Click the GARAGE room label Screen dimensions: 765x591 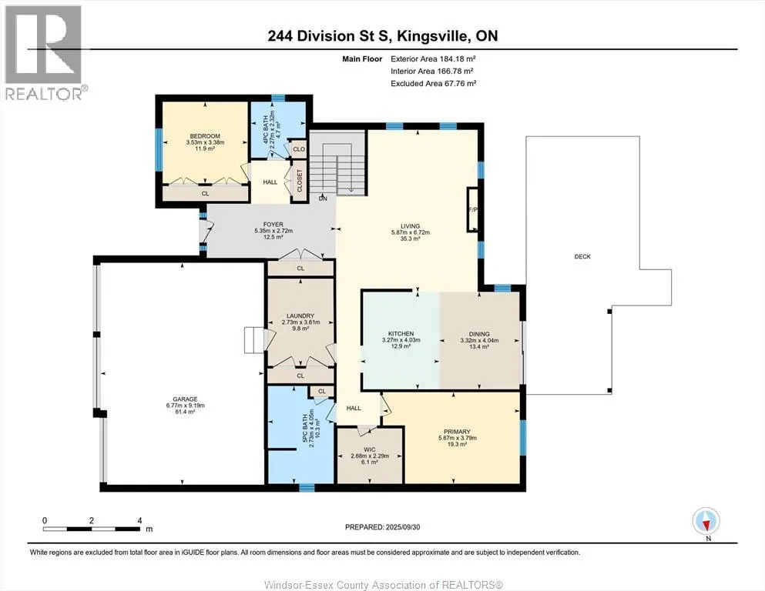click(x=185, y=399)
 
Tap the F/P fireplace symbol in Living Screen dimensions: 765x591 click(x=473, y=209)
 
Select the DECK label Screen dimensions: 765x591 click(x=582, y=256)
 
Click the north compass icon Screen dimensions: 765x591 click(x=706, y=521)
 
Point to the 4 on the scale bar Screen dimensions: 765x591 click(x=139, y=520)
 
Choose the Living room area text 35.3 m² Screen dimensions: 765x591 click(x=411, y=239)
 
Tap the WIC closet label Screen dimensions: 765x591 click(x=370, y=449)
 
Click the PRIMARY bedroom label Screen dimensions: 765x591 click(x=457, y=432)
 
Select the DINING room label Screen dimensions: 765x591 click(x=479, y=334)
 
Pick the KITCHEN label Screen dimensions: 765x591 click(x=401, y=334)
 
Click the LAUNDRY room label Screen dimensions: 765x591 click(x=300, y=316)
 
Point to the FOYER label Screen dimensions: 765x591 click(x=273, y=225)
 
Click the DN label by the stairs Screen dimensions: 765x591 click(x=323, y=199)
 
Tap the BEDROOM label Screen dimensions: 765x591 click(x=205, y=136)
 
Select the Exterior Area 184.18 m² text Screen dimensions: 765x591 click(x=433, y=59)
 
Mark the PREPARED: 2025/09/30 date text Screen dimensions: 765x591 click(x=382, y=526)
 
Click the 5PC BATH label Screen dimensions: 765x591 click(x=305, y=429)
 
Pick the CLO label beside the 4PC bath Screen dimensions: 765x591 click(x=299, y=149)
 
